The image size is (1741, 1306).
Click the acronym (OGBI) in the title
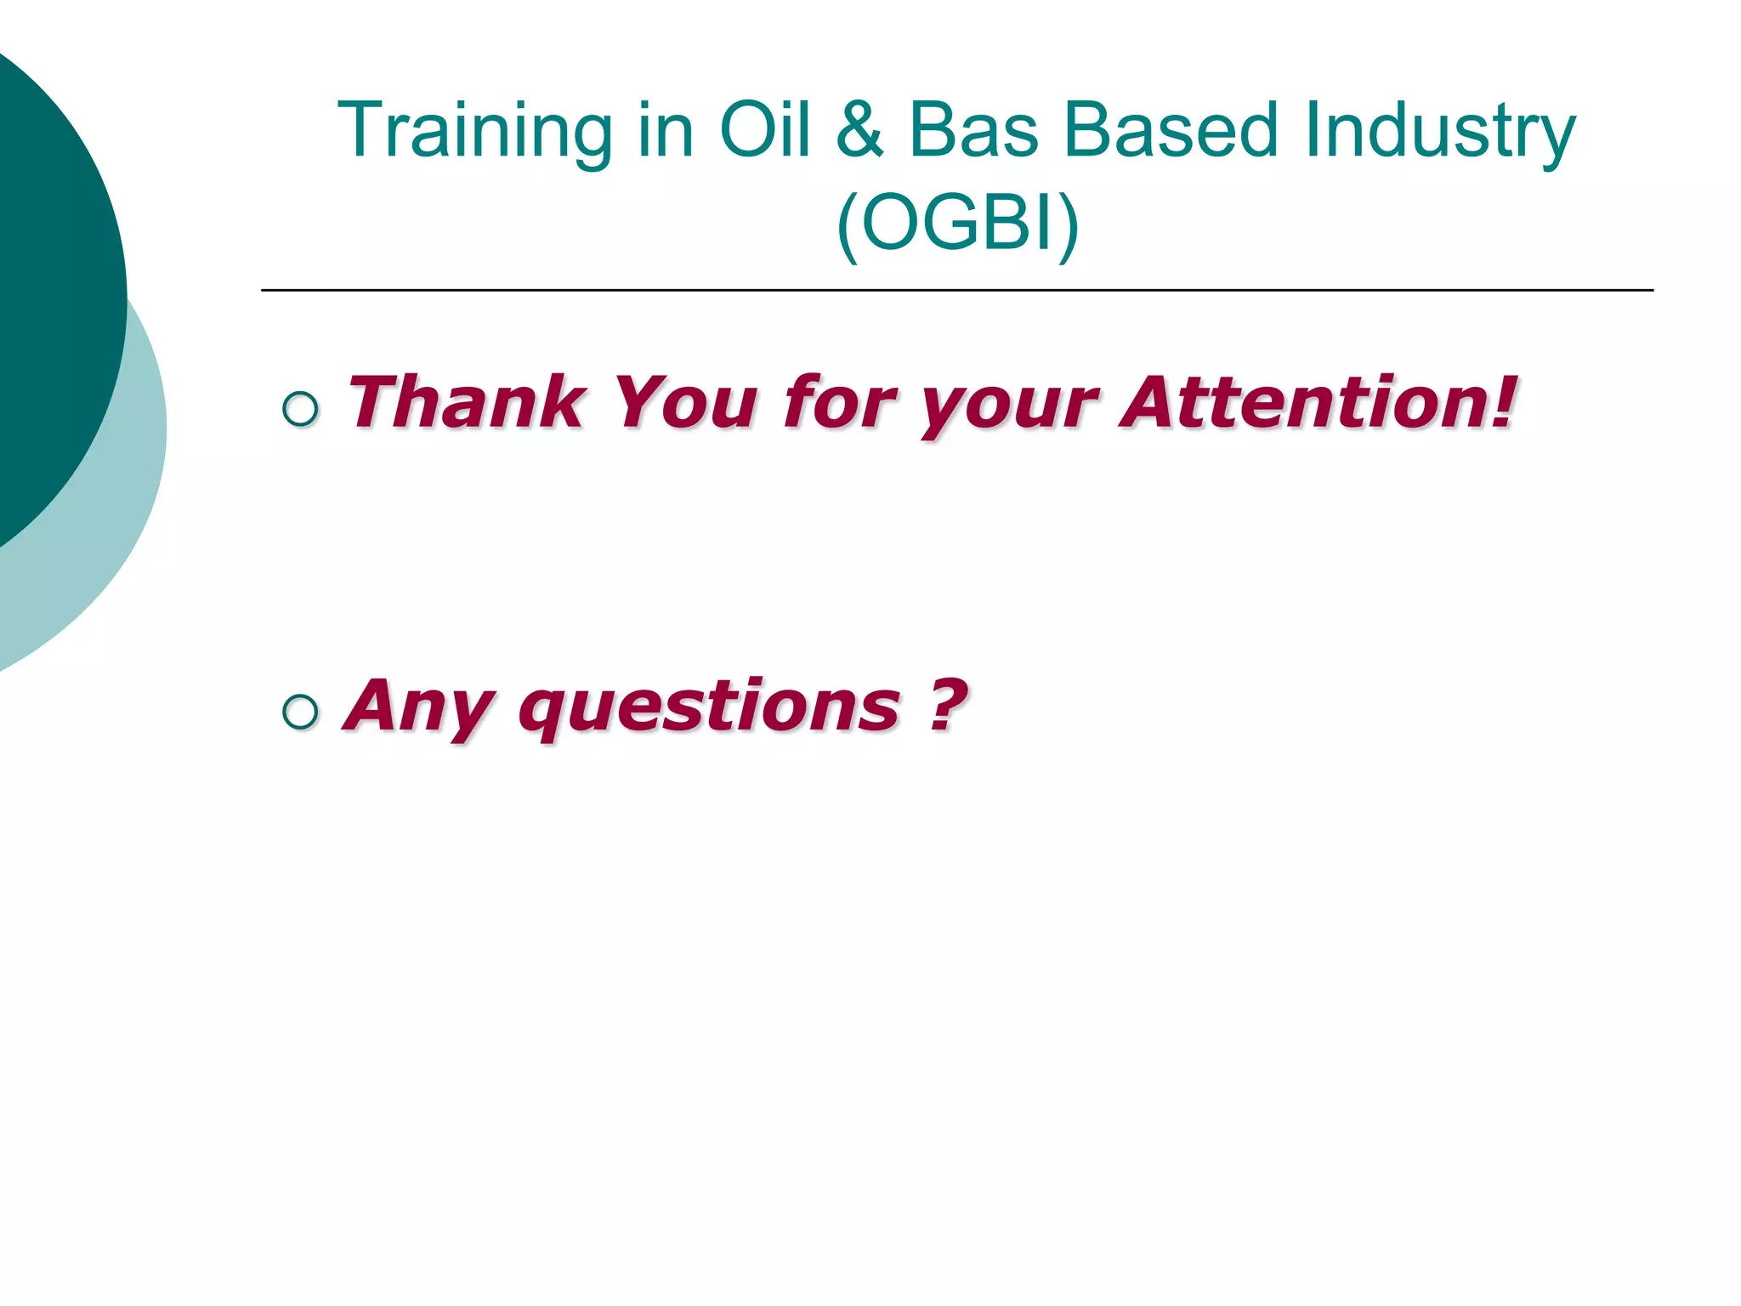point(957,224)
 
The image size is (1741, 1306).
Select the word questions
point(709,710)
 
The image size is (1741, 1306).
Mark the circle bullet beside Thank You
point(300,409)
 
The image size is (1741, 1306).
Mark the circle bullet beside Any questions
point(300,712)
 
